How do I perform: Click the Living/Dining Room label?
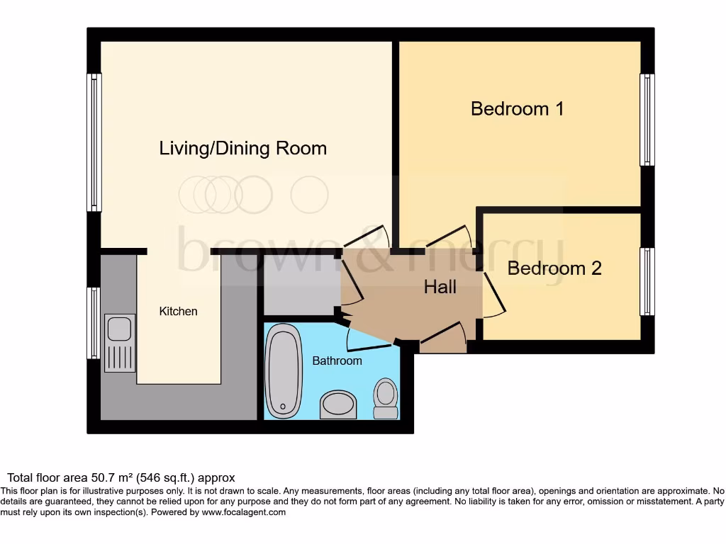(x=242, y=148)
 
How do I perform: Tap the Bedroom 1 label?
(x=517, y=108)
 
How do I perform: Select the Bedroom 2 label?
(x=554, y=268)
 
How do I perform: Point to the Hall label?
(x=440, y=287)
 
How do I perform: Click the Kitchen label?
(x=178, y=311)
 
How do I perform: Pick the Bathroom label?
(x=337, y=361)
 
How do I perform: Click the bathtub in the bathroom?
(x=284, y=370)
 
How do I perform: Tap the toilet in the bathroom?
(x=386, y=398)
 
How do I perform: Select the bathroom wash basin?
(x=338, y=404)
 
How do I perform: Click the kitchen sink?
(x=119, y=343)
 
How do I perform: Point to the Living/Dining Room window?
(x=94, y=142)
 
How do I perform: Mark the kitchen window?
(x=94, y=323)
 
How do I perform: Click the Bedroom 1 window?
(x=647, y=120)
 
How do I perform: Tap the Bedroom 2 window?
(x=647, y=281)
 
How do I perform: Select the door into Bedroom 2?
(x=493, y=294)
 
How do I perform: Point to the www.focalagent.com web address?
(x=243, y=512)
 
